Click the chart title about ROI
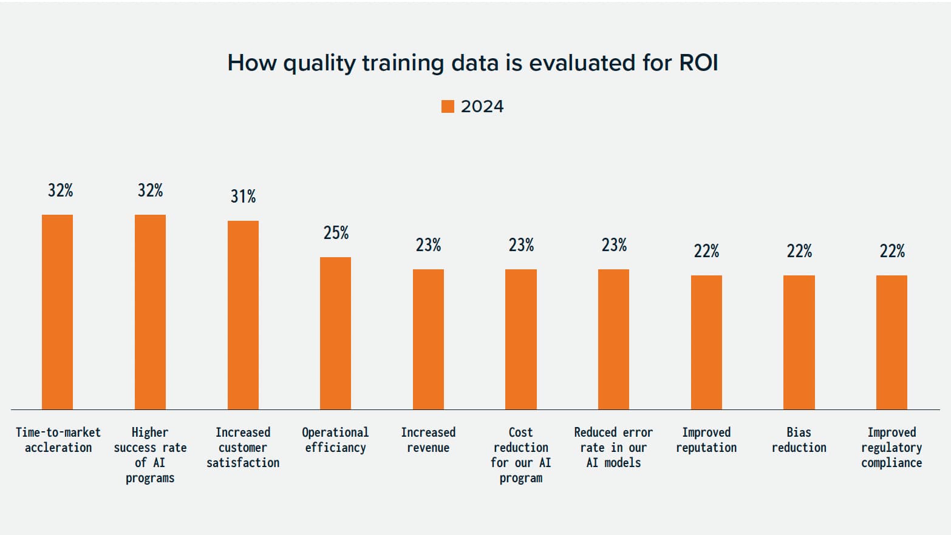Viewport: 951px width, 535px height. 472,63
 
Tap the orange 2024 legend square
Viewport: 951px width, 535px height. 448,107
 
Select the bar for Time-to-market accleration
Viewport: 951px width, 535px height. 57,312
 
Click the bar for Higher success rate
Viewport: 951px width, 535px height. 150,312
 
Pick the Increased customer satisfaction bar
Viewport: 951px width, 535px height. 243,315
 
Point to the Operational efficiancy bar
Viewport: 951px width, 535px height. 335,333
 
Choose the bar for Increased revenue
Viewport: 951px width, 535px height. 428,339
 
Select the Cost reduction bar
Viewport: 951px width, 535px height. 521,339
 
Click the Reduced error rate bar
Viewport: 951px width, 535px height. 613,339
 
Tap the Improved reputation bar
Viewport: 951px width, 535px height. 706,342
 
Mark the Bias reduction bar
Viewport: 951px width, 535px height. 799,342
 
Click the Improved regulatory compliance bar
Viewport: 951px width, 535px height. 891,342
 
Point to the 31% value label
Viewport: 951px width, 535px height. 243,197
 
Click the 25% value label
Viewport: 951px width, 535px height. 336,233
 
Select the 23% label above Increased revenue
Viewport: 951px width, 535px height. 428,245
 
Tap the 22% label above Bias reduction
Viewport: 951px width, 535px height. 799,251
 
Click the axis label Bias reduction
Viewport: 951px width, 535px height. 799,440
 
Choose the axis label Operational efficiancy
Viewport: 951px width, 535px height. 335,440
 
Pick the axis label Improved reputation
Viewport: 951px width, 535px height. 706,440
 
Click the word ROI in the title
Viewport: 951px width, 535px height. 698,63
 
